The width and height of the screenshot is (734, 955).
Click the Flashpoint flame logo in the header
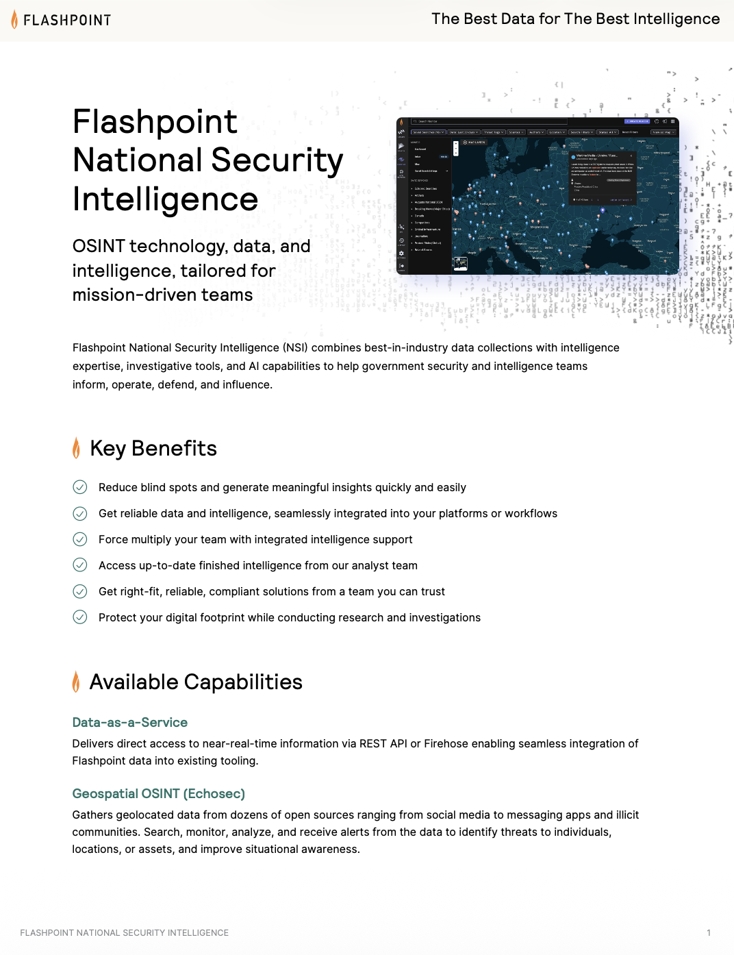tap(14, 19)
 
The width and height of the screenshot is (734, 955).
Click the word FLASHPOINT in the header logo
tap(67, 21)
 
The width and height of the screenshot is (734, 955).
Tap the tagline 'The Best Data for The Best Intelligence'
tap(575, 19)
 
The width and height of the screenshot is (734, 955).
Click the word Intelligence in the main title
tap(165, 199)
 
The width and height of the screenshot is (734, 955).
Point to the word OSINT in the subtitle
tap(99, 246)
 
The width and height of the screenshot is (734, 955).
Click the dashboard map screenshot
tap(537, 197)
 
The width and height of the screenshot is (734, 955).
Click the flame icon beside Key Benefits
tap(76, 448)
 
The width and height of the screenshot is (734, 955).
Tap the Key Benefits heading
tap(153, 448)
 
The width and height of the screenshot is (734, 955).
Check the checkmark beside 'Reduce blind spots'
tap(80, 487)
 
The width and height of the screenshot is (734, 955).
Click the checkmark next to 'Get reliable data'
tap(80, 513)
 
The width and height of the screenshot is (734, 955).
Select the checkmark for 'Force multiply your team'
tap(80, 539)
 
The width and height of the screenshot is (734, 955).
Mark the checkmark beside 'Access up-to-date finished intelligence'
tap(80, 565)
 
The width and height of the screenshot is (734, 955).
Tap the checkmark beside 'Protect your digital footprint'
tap(80, 617)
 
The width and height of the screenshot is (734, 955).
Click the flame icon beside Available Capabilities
tap(76, 682)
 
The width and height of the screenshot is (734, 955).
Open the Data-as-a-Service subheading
tap(130, 722)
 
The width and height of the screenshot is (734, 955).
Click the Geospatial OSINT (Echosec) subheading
tap(158, 793)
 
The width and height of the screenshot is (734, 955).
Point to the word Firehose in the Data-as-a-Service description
tap(445, 743)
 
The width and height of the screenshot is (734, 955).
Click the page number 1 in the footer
tap(709, 932)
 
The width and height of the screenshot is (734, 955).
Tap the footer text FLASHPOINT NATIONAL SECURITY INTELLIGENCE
tap(125, 932)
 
